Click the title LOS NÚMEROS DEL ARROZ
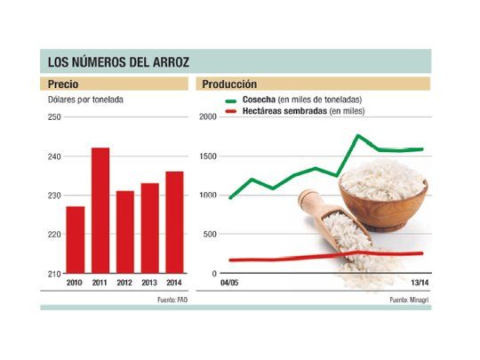(x=118, y=61)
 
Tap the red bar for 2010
(x=76, y=240)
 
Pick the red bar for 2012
(x=125, y=232)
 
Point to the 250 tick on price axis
(x=54, y=117)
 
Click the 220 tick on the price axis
(x=54, y=234)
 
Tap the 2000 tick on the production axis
(x=207, y=117)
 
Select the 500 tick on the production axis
(x=209, y=234)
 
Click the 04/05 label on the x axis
(x=230, y=283)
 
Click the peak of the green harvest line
(x=357, y=136)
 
